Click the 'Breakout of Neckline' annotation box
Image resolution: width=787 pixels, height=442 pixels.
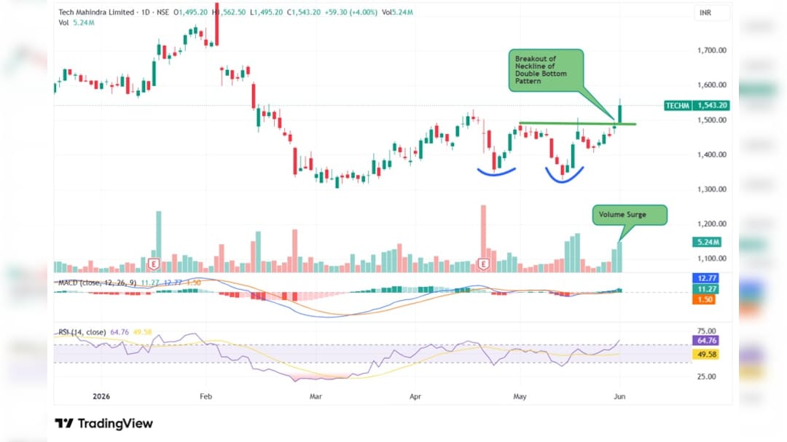546,70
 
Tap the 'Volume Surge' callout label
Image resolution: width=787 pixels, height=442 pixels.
630,215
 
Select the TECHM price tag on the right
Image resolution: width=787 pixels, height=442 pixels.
697,106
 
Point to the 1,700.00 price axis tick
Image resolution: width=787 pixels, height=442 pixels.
712,50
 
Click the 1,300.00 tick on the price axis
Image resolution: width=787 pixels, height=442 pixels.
712,189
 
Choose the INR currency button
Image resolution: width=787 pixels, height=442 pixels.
705,12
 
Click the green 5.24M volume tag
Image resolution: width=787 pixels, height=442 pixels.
707,242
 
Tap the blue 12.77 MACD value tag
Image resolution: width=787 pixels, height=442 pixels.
705,278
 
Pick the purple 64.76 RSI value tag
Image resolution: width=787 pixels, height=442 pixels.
706,341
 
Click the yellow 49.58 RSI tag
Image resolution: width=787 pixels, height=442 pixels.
706,354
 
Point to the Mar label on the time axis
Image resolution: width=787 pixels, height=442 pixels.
316,396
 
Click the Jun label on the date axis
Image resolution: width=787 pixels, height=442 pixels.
620,396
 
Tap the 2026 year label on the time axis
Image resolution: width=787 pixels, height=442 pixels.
101,396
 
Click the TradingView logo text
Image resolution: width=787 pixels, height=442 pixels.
104,424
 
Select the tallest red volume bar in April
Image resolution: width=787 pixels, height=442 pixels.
483,238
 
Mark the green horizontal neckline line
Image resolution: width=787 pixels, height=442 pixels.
578,123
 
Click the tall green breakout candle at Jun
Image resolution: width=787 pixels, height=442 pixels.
620,111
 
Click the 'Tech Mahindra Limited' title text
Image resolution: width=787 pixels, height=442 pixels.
96,12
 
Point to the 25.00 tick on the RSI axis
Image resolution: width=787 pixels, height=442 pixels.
706,376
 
